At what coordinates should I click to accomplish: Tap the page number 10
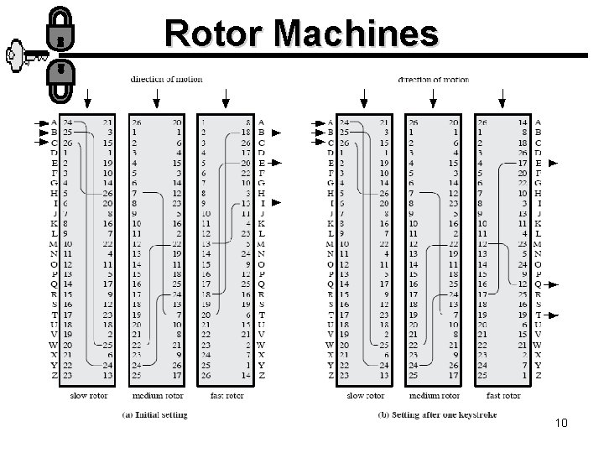(x=561, y=423)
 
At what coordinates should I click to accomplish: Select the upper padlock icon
(x=60, y=29)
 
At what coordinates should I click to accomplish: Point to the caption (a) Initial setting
(x=155, y=414)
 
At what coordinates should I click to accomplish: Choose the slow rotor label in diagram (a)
(x=87, y=395)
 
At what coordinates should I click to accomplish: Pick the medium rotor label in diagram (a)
(x=156, y=395)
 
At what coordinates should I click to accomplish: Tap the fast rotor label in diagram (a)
(x=224, y=395)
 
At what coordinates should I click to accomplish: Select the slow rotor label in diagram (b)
(x=365, y=395)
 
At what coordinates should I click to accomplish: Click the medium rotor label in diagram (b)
(x=435, y=395)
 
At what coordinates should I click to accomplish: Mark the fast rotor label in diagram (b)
(x=502, y=395)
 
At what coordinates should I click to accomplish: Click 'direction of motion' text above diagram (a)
(x=166, y=80)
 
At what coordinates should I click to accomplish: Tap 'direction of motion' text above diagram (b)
(x=433, y=80)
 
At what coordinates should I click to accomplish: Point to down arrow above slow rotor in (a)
(x=87, y=99)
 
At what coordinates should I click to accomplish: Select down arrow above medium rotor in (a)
(x=156, y=99)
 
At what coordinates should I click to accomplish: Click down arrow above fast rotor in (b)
(x=502, y=99)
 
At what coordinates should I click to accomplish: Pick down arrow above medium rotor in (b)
(x=434, y=99)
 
